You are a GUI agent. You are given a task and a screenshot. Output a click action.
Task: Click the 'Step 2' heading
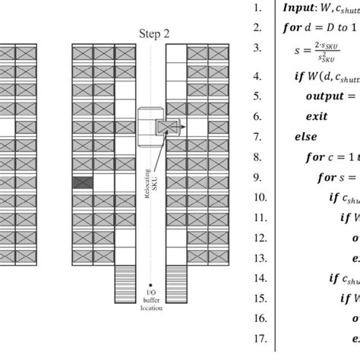155,33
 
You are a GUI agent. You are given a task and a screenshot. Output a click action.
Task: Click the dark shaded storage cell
82,182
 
